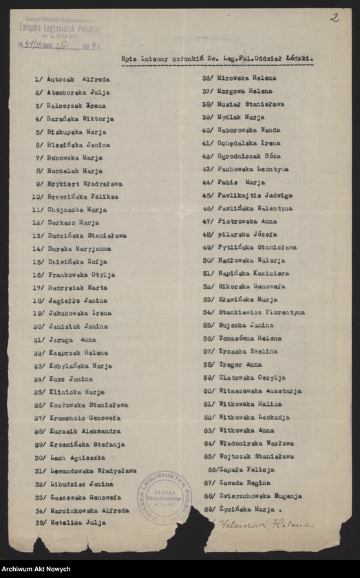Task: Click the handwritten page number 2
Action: tap(334, 18)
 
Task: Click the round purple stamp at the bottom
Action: tap(164, 497)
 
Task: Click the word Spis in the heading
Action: tap(129, 59)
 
